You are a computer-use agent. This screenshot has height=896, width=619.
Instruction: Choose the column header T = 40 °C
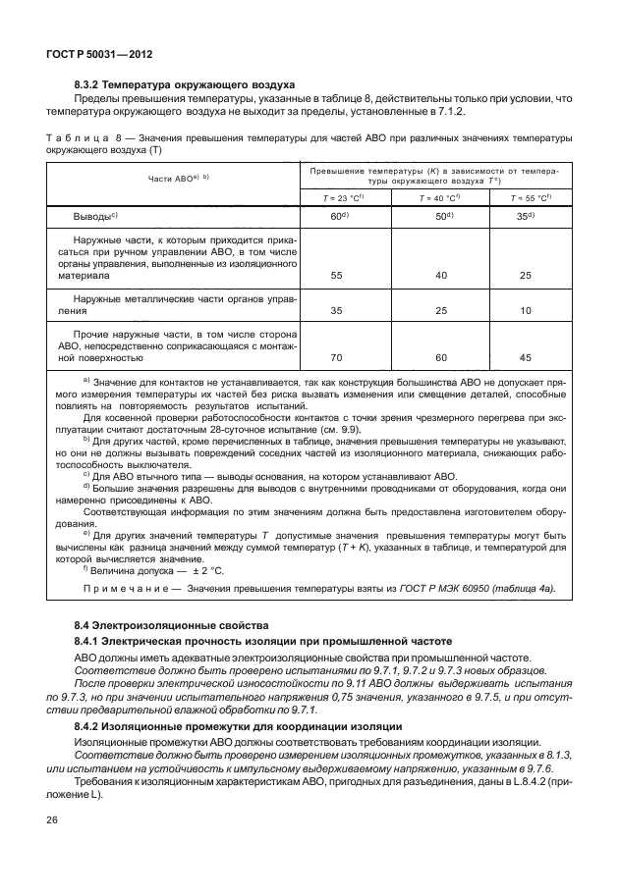coord(440,197)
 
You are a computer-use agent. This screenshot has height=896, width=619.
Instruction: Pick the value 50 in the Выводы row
coord(439,215)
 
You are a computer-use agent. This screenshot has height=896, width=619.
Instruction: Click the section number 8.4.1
coord(88,642)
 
